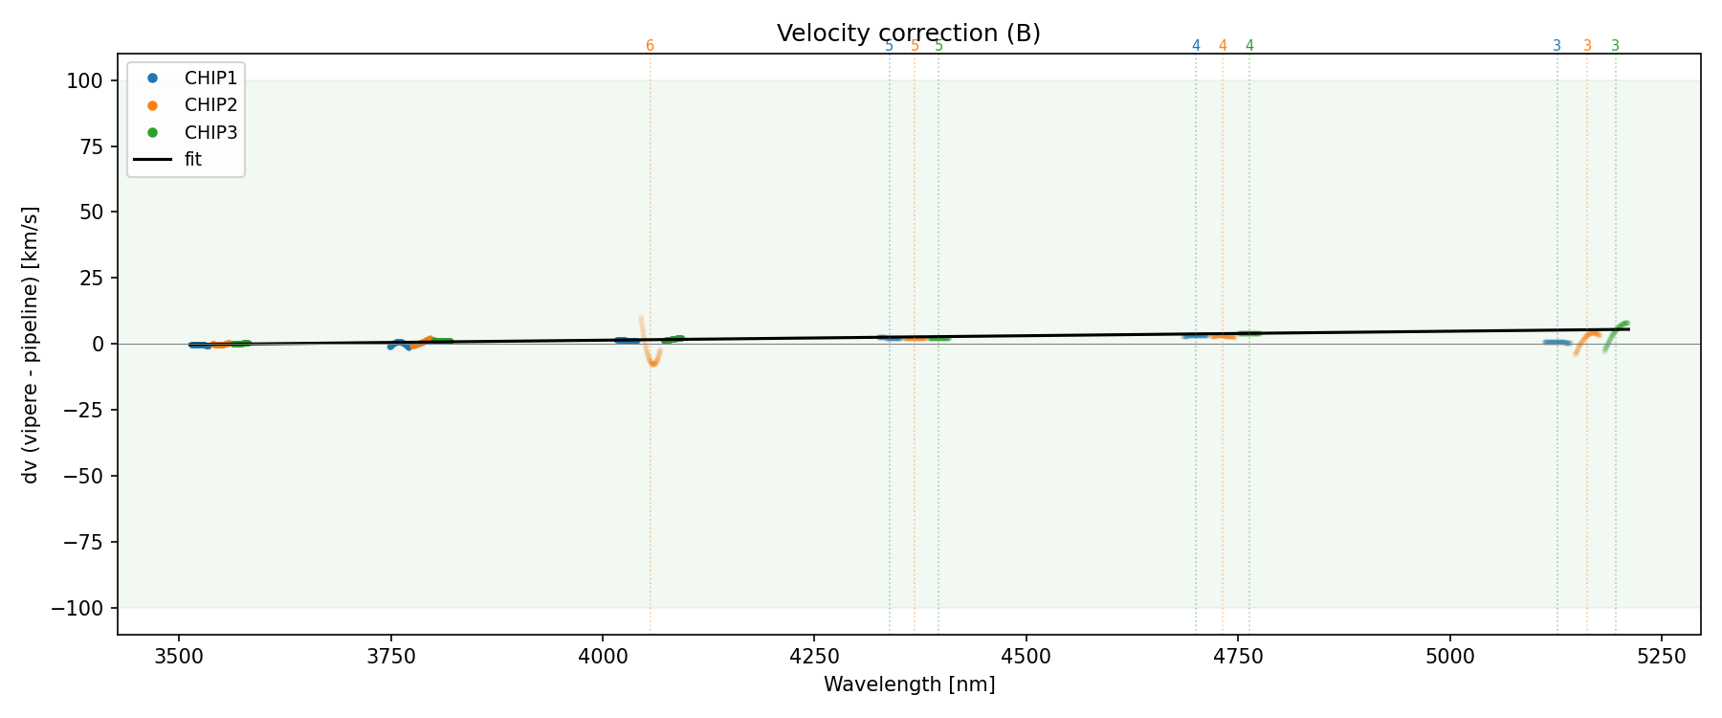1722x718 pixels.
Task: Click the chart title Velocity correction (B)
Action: pyautogui.click(x=908, y=34)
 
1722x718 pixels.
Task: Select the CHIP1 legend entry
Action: pyautogui.click(x=210, y=78)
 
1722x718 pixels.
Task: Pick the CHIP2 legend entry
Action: pyautogui.click(x=210, y=105)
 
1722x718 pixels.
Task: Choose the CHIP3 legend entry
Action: pyautogui.click(x=210, y=132)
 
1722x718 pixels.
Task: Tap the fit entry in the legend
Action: pyautogui.click(x=193, y=160)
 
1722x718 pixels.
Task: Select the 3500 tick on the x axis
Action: pyautogui.click(x=179, y=656)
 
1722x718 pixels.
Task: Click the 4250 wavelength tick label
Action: pyautogui.click(x=813, y=656)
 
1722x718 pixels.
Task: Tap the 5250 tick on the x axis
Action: pyautogui.click(x=1661, y=656)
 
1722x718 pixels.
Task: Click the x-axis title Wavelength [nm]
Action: pyautogui.click(x=909, y=684)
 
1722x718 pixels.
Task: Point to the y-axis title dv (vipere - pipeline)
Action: pyautogui.click(x=31, y=345)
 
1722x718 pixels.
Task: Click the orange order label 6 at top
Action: pyautogui.click(x=651, y=46)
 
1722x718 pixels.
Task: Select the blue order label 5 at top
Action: pyautogui.click(x=889, y=46)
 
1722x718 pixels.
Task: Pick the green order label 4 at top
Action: pyautogui.click(x=1249, y=46)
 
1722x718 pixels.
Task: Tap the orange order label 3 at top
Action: pyautogui.click(x=1587, y=46)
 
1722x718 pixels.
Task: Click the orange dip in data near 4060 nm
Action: pyautogui.click(x=652, y=362)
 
